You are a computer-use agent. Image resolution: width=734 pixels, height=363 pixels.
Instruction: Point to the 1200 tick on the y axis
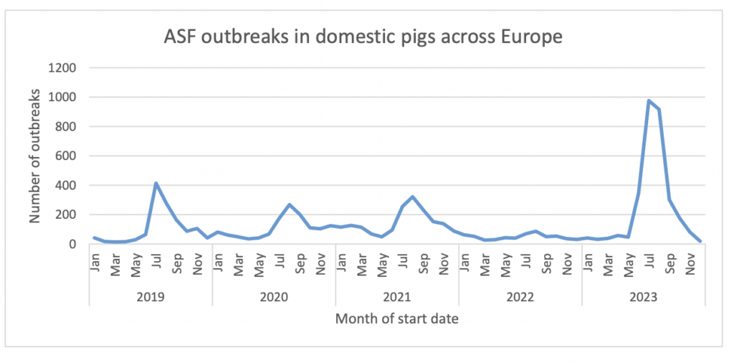pyautogui.click(x=63, y=68)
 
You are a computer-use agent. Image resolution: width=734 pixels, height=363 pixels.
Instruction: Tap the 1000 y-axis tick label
pyautogui.click(x=63, y=98)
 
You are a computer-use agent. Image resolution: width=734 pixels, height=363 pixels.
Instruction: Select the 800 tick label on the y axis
pyautogui.click(x=67, y=127)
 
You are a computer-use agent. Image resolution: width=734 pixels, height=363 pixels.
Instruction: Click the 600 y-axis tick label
pyautogui.click(x=67, y=156)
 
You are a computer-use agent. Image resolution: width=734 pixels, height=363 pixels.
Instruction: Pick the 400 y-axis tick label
pyautogui.click(x=67, y=186)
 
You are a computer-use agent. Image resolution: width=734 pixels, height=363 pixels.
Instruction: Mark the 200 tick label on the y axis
pyautogui.click(x=67, y=215)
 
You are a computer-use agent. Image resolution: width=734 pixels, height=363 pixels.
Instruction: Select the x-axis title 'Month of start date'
pyautogui.click(x=396, y=319)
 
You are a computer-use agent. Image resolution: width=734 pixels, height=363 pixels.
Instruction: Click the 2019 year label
pyautogui.click(x=151, y=296)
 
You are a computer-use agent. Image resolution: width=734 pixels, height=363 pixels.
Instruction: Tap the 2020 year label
pyautogui.click(x=274, y=296)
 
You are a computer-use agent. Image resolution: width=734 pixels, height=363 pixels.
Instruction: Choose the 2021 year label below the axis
pyautogui.click(x=397, y=296)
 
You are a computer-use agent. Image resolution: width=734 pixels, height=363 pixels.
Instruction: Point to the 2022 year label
pyautogui.click(x=520, y=296)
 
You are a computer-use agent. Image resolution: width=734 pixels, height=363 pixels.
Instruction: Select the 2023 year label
pyautogui.click(x=643, y=296)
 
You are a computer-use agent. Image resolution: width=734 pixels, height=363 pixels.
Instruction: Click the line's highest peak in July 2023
pyautogui.click(x=649, y=101)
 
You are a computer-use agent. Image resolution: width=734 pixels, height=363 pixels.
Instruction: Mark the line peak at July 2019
pyautogui.click(x=156, y=184)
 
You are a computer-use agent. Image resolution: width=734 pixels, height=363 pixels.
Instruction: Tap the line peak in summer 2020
pyautogui.click(x=290, y=204)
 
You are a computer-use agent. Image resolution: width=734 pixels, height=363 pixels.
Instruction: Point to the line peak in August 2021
pyautogui.click(x=413, y=197)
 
